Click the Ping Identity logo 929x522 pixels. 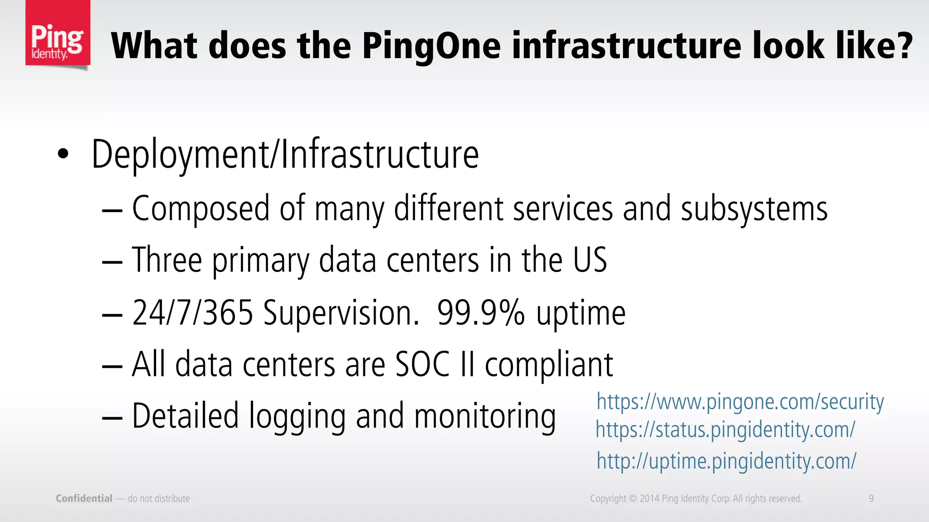(58, 34)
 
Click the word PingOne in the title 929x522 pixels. (431, 46)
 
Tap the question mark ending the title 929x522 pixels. (903, 46)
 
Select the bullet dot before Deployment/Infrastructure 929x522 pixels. (63, 155)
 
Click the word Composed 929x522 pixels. (201, 209)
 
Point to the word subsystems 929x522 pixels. (754, 209)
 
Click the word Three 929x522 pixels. (166, 261)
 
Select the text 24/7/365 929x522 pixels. (192, 313)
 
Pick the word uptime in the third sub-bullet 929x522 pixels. (581, 314)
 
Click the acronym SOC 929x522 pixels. (422, 364)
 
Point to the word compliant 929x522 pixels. (549, 365)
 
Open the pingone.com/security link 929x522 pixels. (740, 402)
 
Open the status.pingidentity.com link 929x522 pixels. (725, 430)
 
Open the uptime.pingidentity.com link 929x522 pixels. (726, 461)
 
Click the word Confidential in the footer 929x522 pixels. (84, 498)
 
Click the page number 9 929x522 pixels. (871, 498)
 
